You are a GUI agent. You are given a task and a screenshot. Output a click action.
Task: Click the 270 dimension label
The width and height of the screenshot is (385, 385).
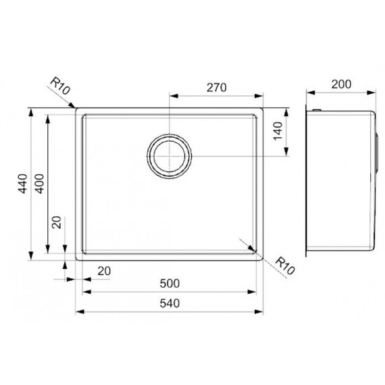tap(216, 88)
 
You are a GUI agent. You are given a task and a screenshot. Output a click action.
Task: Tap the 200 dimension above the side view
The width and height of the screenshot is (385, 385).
tap(341, 84)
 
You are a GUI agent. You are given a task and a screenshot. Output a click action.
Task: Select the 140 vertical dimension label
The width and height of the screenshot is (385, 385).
tap(278, 131)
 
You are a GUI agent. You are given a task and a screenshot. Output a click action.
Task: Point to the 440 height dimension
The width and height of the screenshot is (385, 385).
tap(23, 184)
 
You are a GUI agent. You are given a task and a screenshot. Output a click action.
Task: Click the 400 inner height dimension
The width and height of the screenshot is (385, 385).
tap(40, 184)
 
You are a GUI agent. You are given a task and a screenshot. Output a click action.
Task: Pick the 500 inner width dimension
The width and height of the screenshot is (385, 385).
tap(170, 284)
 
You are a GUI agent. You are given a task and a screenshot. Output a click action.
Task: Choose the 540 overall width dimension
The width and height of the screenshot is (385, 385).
tap(170, 303)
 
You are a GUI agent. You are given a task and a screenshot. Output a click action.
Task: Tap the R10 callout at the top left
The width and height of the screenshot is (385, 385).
tap(60, 86)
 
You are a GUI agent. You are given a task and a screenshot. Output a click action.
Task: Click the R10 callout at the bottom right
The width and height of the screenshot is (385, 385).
tap(284, 266)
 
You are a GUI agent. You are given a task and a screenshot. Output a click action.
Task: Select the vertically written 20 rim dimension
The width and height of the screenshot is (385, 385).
tap(57, 222)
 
